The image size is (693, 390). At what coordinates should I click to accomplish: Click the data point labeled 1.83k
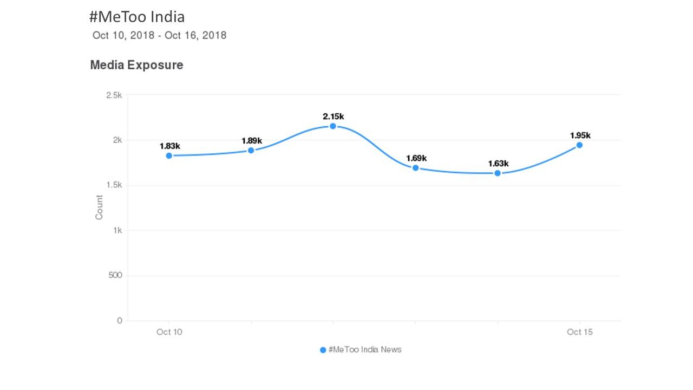pyautogui.click(x=169, y=155)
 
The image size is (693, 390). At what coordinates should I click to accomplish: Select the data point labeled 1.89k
pyautogui.click(x=251, y=150)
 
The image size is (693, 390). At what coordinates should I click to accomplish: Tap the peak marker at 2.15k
pyautogui.click(x=333, y=126)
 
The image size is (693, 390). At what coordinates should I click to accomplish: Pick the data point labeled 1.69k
pyautogui.click(x=415, y=168)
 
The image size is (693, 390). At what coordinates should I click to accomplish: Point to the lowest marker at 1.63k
pyautogui.click(x=498, y=173)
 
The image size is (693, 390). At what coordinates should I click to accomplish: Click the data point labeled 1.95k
pyautogui.click(x=579, y=145)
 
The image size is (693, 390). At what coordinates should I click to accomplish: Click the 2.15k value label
pyautogui.click(x=334, y=116)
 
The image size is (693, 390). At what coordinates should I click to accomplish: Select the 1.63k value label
pyautogui.click(x=498, y=164)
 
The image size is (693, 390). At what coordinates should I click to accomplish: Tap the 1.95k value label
pyautogui.click(x=580, y=135)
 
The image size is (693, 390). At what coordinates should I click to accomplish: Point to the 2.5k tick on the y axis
pyautogui.click(x=114, y=95)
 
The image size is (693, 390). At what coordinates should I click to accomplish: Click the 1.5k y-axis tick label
pyautogui.click(x=114, y=185)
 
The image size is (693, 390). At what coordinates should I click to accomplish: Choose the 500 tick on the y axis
pyautogui.click(x=115, y=276)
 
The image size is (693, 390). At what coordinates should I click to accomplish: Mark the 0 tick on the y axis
pyautogui.click(x=120, y=321)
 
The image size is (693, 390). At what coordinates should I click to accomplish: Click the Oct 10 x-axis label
pyautogui.click(x=169, y=332)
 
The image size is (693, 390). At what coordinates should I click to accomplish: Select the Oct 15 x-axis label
pyautogui.click(x=580, y=332)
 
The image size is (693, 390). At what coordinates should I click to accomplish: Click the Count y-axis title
pyautogui.click(x=99, y=207)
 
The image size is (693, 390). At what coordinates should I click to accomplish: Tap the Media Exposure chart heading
pyautogui.click(x=136, y=65)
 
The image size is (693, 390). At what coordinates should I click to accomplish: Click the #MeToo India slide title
pyautogui.click(x=137, y=17)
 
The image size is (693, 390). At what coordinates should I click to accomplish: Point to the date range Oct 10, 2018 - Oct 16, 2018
pyautogui.click(x=159, y=36)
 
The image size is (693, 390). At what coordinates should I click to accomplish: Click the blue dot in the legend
pyautogui.click(x=323, y=350)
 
